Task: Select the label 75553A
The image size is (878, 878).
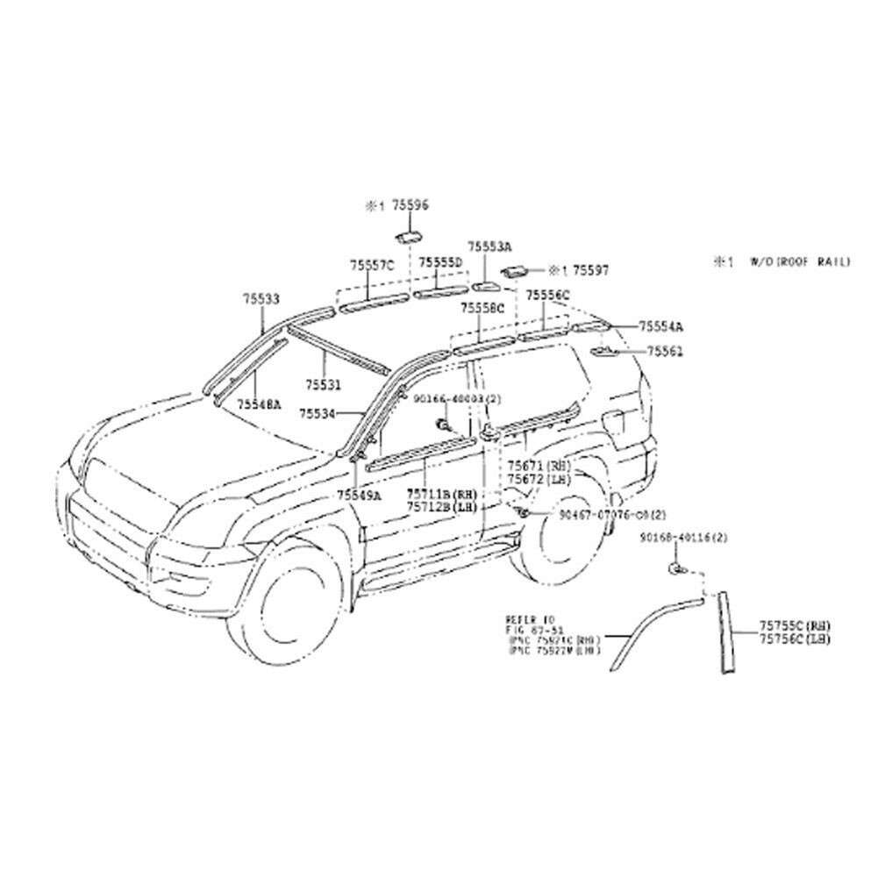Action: pos(489,248)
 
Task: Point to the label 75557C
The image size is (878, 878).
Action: pos(372,264)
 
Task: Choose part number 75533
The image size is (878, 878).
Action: pos(261,299)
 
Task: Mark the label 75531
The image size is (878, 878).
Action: pos(323,384)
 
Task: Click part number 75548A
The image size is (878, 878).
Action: pos(258,405)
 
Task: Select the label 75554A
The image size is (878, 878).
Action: pos(660,326)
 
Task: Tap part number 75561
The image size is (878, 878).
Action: pos(665,351)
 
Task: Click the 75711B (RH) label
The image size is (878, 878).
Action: pos(440,495)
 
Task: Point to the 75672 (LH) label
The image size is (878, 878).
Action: pos(539,479)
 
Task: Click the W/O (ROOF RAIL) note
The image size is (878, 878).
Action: pos(798,261)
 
